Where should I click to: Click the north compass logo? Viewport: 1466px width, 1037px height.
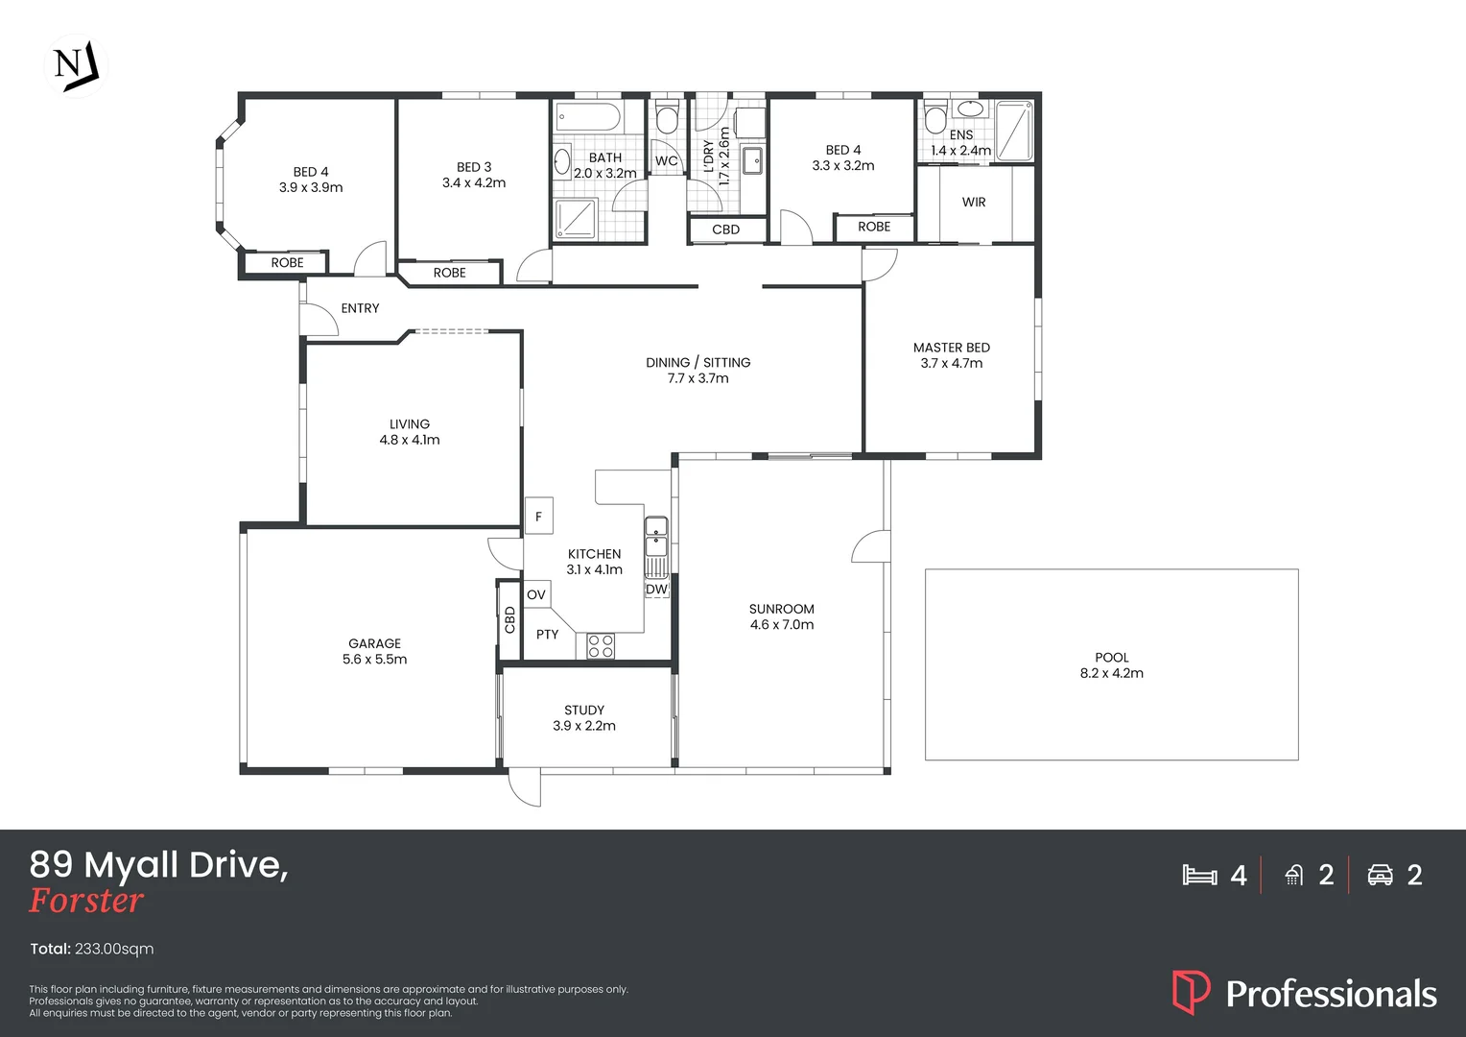[76, 66]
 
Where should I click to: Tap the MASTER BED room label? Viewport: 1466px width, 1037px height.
[951, 348]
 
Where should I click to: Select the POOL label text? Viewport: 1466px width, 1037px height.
[1111, 658]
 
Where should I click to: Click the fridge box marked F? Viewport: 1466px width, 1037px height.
[538, 517]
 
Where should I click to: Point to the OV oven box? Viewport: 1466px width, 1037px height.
[536, 594]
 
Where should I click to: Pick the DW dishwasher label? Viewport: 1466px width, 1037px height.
[656, 590]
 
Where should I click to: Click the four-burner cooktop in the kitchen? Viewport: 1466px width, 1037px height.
[601, 646]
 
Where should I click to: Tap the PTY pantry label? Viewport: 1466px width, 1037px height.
[547, 635]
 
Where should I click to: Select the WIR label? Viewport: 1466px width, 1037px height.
[974, 203]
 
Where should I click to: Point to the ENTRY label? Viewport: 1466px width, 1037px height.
[360, 308]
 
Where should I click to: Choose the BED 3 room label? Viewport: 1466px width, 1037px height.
[474, 167]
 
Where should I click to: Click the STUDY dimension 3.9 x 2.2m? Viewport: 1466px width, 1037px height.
[584, 726]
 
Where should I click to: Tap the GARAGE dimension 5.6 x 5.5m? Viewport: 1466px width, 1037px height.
[374, 660]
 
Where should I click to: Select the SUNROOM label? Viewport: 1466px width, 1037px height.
[781, 609]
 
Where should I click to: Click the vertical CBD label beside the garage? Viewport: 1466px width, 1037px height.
[509, 620]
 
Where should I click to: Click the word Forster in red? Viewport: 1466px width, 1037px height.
[86, 901]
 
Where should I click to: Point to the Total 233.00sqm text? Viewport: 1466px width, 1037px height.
[92, 949]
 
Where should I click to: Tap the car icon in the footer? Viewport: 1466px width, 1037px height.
[1380, 875]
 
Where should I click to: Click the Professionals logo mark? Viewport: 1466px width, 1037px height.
[1191, 992]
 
